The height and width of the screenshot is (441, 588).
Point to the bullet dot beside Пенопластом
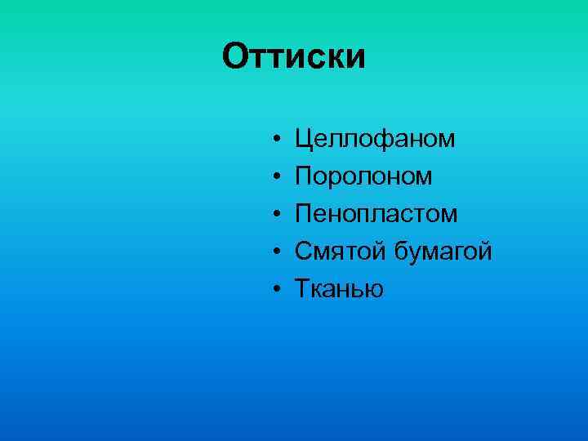[278, 215]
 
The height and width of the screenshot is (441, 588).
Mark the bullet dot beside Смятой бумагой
[278, 252]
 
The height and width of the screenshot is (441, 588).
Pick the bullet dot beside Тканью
[278, 290]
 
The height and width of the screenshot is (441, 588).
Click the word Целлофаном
[376, 139]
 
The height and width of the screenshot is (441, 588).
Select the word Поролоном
[364, 176]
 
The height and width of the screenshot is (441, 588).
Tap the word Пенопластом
[376, 214]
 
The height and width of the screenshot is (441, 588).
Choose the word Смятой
[341, 252]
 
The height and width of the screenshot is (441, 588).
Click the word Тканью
[339, 289]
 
